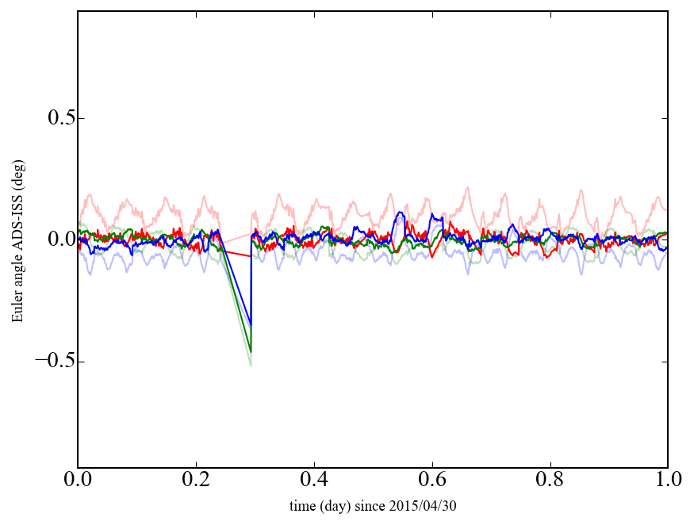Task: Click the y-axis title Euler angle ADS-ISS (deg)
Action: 17,240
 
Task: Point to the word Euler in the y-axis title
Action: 17,308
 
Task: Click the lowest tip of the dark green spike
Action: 251,351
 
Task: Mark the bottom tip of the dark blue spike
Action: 251,325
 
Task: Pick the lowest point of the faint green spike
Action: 251,366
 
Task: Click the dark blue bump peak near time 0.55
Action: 401,213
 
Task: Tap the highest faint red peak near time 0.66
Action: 468,188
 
